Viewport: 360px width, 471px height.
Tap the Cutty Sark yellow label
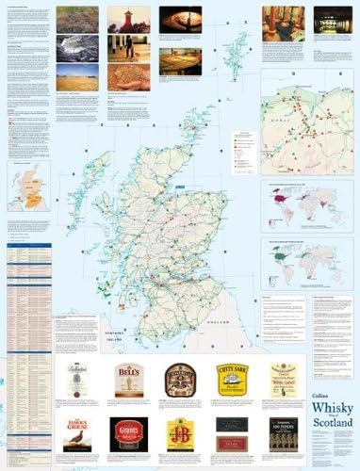pyautogui.click(x=231, y=379)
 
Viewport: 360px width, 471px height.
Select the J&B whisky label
pyautogui.click(x=179, y=433)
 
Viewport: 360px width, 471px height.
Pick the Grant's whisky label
pyautogui.click(x=126, y=432)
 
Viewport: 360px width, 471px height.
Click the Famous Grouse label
pyautogui.click(x=76, y=432)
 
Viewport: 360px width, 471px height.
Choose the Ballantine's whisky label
pyautogui.click(x=76, y=379)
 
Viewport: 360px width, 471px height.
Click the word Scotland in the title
pyautogui.click(x=331, y=450)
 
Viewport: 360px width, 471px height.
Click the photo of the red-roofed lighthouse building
pyautogui.click(x=128, y=20)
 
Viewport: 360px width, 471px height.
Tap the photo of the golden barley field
pyautogui.click(x=76, y=77)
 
